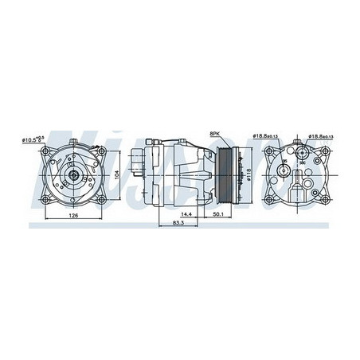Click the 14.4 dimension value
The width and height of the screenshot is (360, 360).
[x=186, y=214]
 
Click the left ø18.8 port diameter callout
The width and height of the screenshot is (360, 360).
[x=265, y=136]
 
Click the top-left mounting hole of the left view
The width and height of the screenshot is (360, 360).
[x=45, y=151]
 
